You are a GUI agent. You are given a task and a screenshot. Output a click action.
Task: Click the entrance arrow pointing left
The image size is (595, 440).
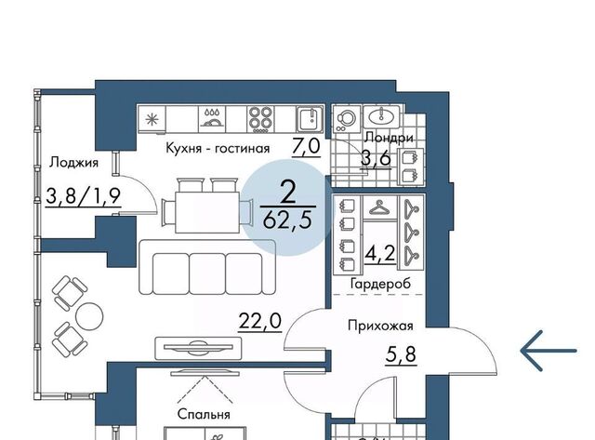point(549,351)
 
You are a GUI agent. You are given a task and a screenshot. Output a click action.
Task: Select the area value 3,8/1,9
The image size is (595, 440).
point(83,196)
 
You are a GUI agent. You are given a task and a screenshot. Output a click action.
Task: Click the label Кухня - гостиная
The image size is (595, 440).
point(218,148)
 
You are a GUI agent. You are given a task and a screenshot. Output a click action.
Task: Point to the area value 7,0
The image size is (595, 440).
point(306,146)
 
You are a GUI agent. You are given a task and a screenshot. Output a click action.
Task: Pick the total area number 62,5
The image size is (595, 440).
point(287,220)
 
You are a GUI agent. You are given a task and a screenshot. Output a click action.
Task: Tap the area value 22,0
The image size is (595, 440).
point(260,321)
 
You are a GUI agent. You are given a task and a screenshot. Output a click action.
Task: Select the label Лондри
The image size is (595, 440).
point(389,138)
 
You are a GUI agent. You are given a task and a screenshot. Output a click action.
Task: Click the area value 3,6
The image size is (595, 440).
point(376,158)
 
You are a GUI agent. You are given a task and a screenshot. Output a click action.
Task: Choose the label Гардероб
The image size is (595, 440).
point(380,284)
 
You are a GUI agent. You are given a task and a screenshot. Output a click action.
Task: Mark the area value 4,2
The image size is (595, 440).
point(380,254)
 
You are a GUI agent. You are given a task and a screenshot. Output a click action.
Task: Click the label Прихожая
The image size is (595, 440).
point(380,326)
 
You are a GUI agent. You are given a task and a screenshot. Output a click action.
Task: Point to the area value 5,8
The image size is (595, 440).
point(401,355)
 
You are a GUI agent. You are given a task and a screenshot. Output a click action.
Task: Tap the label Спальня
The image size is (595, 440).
point(204,414)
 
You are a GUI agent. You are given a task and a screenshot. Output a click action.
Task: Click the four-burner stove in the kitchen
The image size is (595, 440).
point(260,119)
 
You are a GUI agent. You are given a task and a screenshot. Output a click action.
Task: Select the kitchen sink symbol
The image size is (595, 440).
point(310,118)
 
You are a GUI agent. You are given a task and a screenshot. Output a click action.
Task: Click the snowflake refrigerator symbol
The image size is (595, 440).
point(152,119)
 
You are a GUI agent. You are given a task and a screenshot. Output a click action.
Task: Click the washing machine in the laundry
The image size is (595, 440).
point(347,119)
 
